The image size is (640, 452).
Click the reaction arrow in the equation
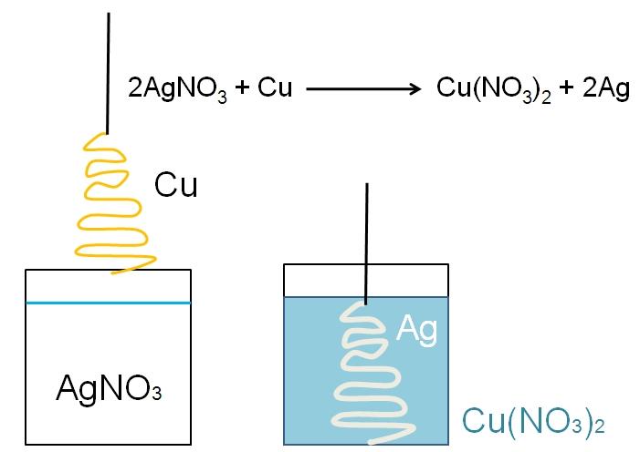pyautogui.click(x=362, y=89)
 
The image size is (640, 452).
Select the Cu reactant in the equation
pyautogui.click(x=275, y=89)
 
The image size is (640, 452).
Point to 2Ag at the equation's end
pyautogui.click(x=607, y=89)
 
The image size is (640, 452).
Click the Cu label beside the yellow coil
pyautogui.click(x=175, y=185)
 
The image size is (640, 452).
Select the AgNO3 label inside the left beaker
pyautogui.click(x=109, y=389)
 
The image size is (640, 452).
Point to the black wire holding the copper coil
pyautogui.click(x=110, y=73)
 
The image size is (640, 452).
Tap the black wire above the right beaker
pyautogui.click(x=367, y=241)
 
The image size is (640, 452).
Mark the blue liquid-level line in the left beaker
pyautogui.click(x=109, y=303)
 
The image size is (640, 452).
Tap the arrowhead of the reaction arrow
pyautogui.click(x=415, y=89)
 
